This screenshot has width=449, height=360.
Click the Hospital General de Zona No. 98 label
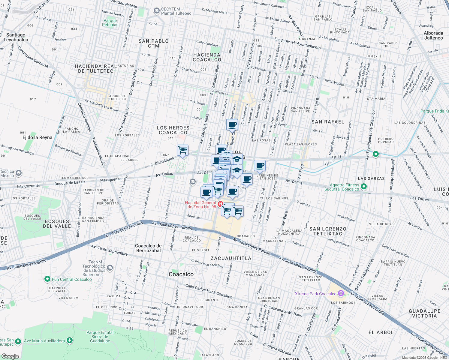(200, 205)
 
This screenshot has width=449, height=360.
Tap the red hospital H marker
(221, 204)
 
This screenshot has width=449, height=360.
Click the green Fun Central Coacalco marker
(47, 279)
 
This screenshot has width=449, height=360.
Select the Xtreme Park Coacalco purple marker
(341, 293)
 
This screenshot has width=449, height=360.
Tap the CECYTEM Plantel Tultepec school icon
(156, 11)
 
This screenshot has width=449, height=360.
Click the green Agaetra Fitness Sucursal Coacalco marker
(364, 187)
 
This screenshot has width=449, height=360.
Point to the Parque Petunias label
(110, 23)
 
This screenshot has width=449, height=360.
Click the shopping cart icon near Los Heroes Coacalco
(182, 150)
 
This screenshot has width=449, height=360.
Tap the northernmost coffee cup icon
(232, 124)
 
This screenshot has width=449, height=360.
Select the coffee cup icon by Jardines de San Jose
(260, 165)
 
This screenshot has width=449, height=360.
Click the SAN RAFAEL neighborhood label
(328, 122)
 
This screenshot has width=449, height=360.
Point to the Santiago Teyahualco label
(16, 37)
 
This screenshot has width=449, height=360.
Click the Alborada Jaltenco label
(433, 35)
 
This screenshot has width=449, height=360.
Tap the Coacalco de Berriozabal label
(148, 248)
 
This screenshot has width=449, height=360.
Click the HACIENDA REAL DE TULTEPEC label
(96, 69)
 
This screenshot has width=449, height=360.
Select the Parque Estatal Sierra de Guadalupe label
(100, 337)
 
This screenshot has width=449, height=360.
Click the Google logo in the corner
(10, 356)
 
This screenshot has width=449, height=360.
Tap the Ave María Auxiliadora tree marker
(70, 340)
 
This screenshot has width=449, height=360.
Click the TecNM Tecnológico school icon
(110, 268)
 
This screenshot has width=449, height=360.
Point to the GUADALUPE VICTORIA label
(424, 313)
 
